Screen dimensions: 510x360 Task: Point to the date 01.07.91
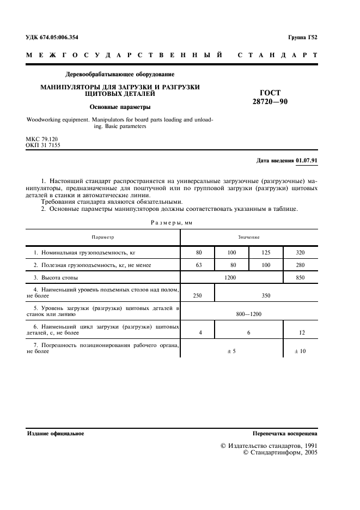307,161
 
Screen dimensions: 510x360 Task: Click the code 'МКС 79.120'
41,139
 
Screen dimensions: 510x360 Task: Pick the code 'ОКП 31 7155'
42,145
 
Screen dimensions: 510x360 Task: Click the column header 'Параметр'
103,237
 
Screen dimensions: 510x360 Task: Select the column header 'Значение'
248,237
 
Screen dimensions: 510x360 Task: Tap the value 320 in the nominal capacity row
300,253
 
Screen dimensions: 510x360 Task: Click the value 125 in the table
266,253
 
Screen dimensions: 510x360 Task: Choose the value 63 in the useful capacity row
197,265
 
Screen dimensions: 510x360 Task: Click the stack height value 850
300,278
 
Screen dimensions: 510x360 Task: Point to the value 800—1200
248,314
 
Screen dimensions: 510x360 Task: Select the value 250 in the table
197,296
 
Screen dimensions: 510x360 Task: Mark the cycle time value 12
300,333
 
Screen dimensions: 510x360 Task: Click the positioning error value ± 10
300,351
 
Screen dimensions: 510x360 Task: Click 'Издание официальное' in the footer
55,434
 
